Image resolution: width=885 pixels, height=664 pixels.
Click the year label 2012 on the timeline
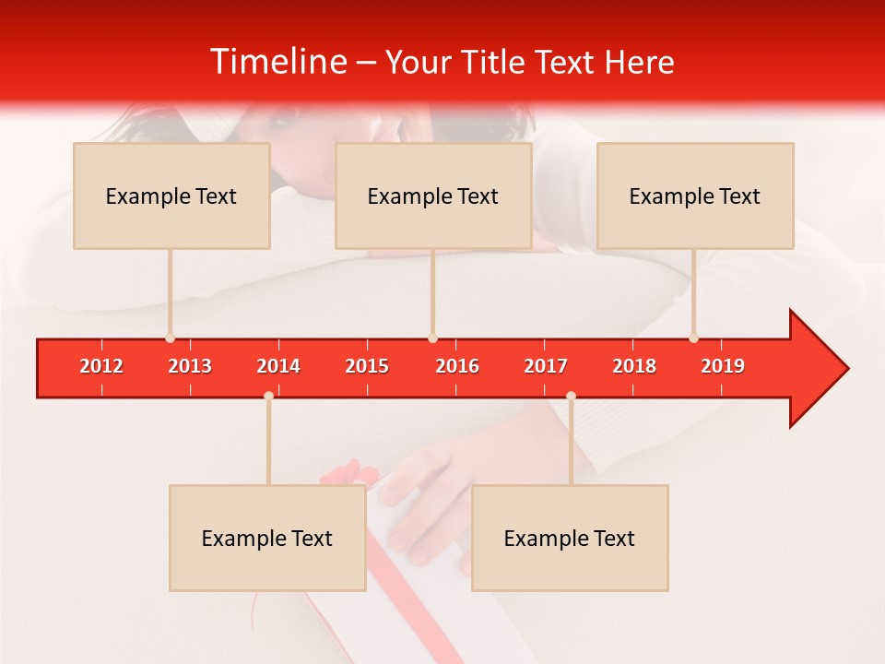pyautogui.click(x=101, y=366)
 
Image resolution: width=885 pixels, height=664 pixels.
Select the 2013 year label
pyautogui.click(x=190, y=366)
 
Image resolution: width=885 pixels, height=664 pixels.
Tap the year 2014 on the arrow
pyautogui.click(x=278, y=366)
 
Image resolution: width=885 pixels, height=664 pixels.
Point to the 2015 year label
pyautogui.click(x=367, y=366)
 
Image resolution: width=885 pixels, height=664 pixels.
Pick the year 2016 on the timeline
pyautogui.click(x=457, y=366)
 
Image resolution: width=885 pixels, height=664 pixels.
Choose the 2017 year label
pyautogui.click(x=546, y=366)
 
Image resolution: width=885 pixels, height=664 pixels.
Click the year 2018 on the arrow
pyautogui.click(x=634, y=366)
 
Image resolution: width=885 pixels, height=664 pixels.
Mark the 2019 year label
pyautogui.click(x=723, y=366)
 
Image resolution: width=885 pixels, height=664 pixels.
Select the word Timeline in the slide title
pyautogui.click(x=277, y=62)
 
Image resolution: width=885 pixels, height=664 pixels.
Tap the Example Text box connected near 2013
pyautogui.click(x=171, y=196)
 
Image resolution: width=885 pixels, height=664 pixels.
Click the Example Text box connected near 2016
pyautogui.click(x=433, y=196)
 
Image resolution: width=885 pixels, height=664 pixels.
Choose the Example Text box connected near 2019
pyautogui.click(x=695, y=196)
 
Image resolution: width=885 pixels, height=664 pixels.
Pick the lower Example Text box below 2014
pyautogui.click(x=267, y=539)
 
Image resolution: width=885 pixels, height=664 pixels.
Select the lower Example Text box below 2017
pyautogui.click(x=570, y=539)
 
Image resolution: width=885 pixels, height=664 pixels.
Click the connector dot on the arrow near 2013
pyautogui.click(x=170, y=338)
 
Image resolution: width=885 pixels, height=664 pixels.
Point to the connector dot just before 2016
pyautogui.click(x=432, y=338)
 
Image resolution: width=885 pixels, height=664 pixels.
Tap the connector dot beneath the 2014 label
pyautogui.click(x=268, y=396)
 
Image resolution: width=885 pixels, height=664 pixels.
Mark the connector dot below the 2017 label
pyautogui.click(x=571, y=396)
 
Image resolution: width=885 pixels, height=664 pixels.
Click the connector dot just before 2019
pyautogui.click(x=693, y=338)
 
